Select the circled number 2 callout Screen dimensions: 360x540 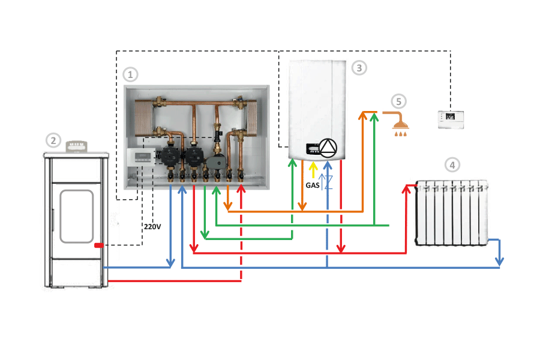point(53,141)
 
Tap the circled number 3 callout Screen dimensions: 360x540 point(359,68)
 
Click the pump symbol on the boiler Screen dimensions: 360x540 point(328,148)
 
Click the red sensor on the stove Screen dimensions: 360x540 point(99,245)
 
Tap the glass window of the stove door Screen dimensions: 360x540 point(76,216)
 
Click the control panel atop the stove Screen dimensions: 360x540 point(76,146)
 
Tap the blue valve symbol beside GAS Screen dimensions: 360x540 point(326,181)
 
